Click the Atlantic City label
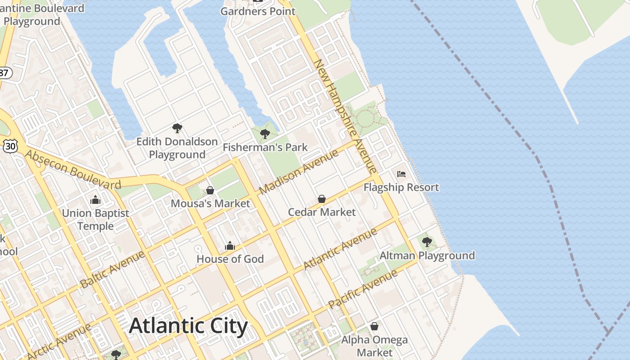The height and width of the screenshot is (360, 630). (188, 326)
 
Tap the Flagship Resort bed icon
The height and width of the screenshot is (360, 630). (401, 174)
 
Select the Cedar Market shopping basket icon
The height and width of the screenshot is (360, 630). (322, 199)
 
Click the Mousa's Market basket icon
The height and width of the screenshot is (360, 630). (210, 190)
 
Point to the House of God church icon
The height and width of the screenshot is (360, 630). (230, 246)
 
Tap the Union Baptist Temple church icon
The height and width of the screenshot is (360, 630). (95, 200)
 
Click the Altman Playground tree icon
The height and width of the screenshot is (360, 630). (427, 242)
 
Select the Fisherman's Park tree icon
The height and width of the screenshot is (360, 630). (265, 134)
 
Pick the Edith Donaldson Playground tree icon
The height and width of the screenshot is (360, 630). (177, 128)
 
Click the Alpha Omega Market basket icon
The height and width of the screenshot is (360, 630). (374, 326)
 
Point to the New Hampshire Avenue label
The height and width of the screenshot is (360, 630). (346, 116)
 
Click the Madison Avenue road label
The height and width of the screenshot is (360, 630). (299, 172)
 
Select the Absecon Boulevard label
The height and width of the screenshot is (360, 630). (73, 170)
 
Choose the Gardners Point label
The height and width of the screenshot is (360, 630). (258, 11)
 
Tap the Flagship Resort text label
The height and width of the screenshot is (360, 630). (401, 187)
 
